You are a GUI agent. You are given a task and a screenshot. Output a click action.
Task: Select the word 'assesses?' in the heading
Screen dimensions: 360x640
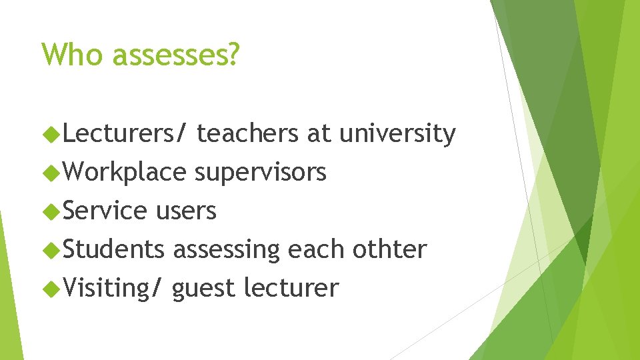[175, 55]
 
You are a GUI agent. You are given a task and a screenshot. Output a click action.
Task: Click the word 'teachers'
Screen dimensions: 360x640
[248, 134]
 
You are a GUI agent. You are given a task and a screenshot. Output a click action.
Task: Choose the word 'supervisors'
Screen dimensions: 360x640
[260, 173]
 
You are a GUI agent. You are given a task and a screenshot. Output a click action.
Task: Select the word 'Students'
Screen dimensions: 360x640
[114, 249]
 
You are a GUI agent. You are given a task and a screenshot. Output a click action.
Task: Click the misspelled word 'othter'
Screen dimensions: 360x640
[389, 249]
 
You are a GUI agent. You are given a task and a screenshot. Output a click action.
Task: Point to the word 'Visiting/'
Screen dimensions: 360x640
[113, 289]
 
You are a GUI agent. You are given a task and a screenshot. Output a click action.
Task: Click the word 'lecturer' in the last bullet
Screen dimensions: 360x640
[291, 289]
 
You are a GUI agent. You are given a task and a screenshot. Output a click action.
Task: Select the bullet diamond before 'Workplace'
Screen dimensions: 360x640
[51, 173]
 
